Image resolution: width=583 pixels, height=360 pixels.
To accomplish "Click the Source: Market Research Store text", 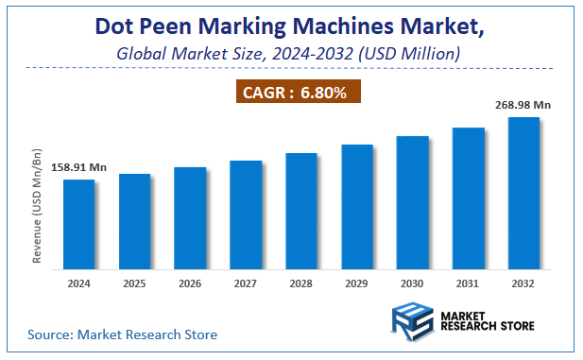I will point(123,334).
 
